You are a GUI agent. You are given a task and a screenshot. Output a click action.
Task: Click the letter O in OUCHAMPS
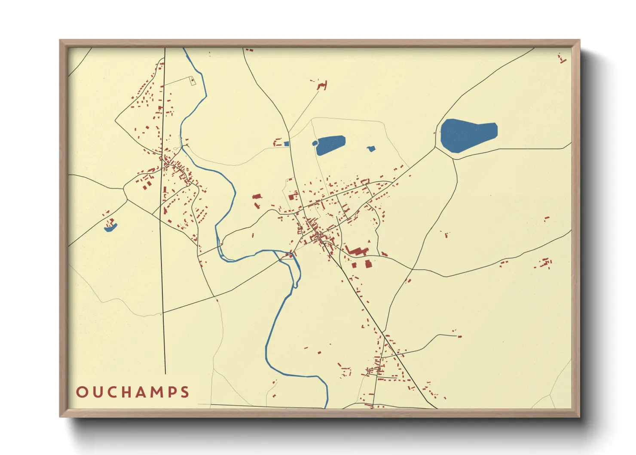[82, 392]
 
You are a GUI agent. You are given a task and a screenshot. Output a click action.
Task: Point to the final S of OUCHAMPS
[185, 392]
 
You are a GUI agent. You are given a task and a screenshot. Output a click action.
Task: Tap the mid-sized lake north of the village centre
[331, 144]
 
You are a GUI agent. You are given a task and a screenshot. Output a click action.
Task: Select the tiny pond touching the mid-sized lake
[315, 143]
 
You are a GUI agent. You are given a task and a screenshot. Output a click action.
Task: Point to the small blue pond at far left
[110, 229]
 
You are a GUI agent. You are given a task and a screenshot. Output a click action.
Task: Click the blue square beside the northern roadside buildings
[287, 144]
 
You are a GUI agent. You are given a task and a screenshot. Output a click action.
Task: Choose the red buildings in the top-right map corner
[562, 59]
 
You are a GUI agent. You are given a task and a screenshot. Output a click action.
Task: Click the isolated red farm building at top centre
[323, 85]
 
